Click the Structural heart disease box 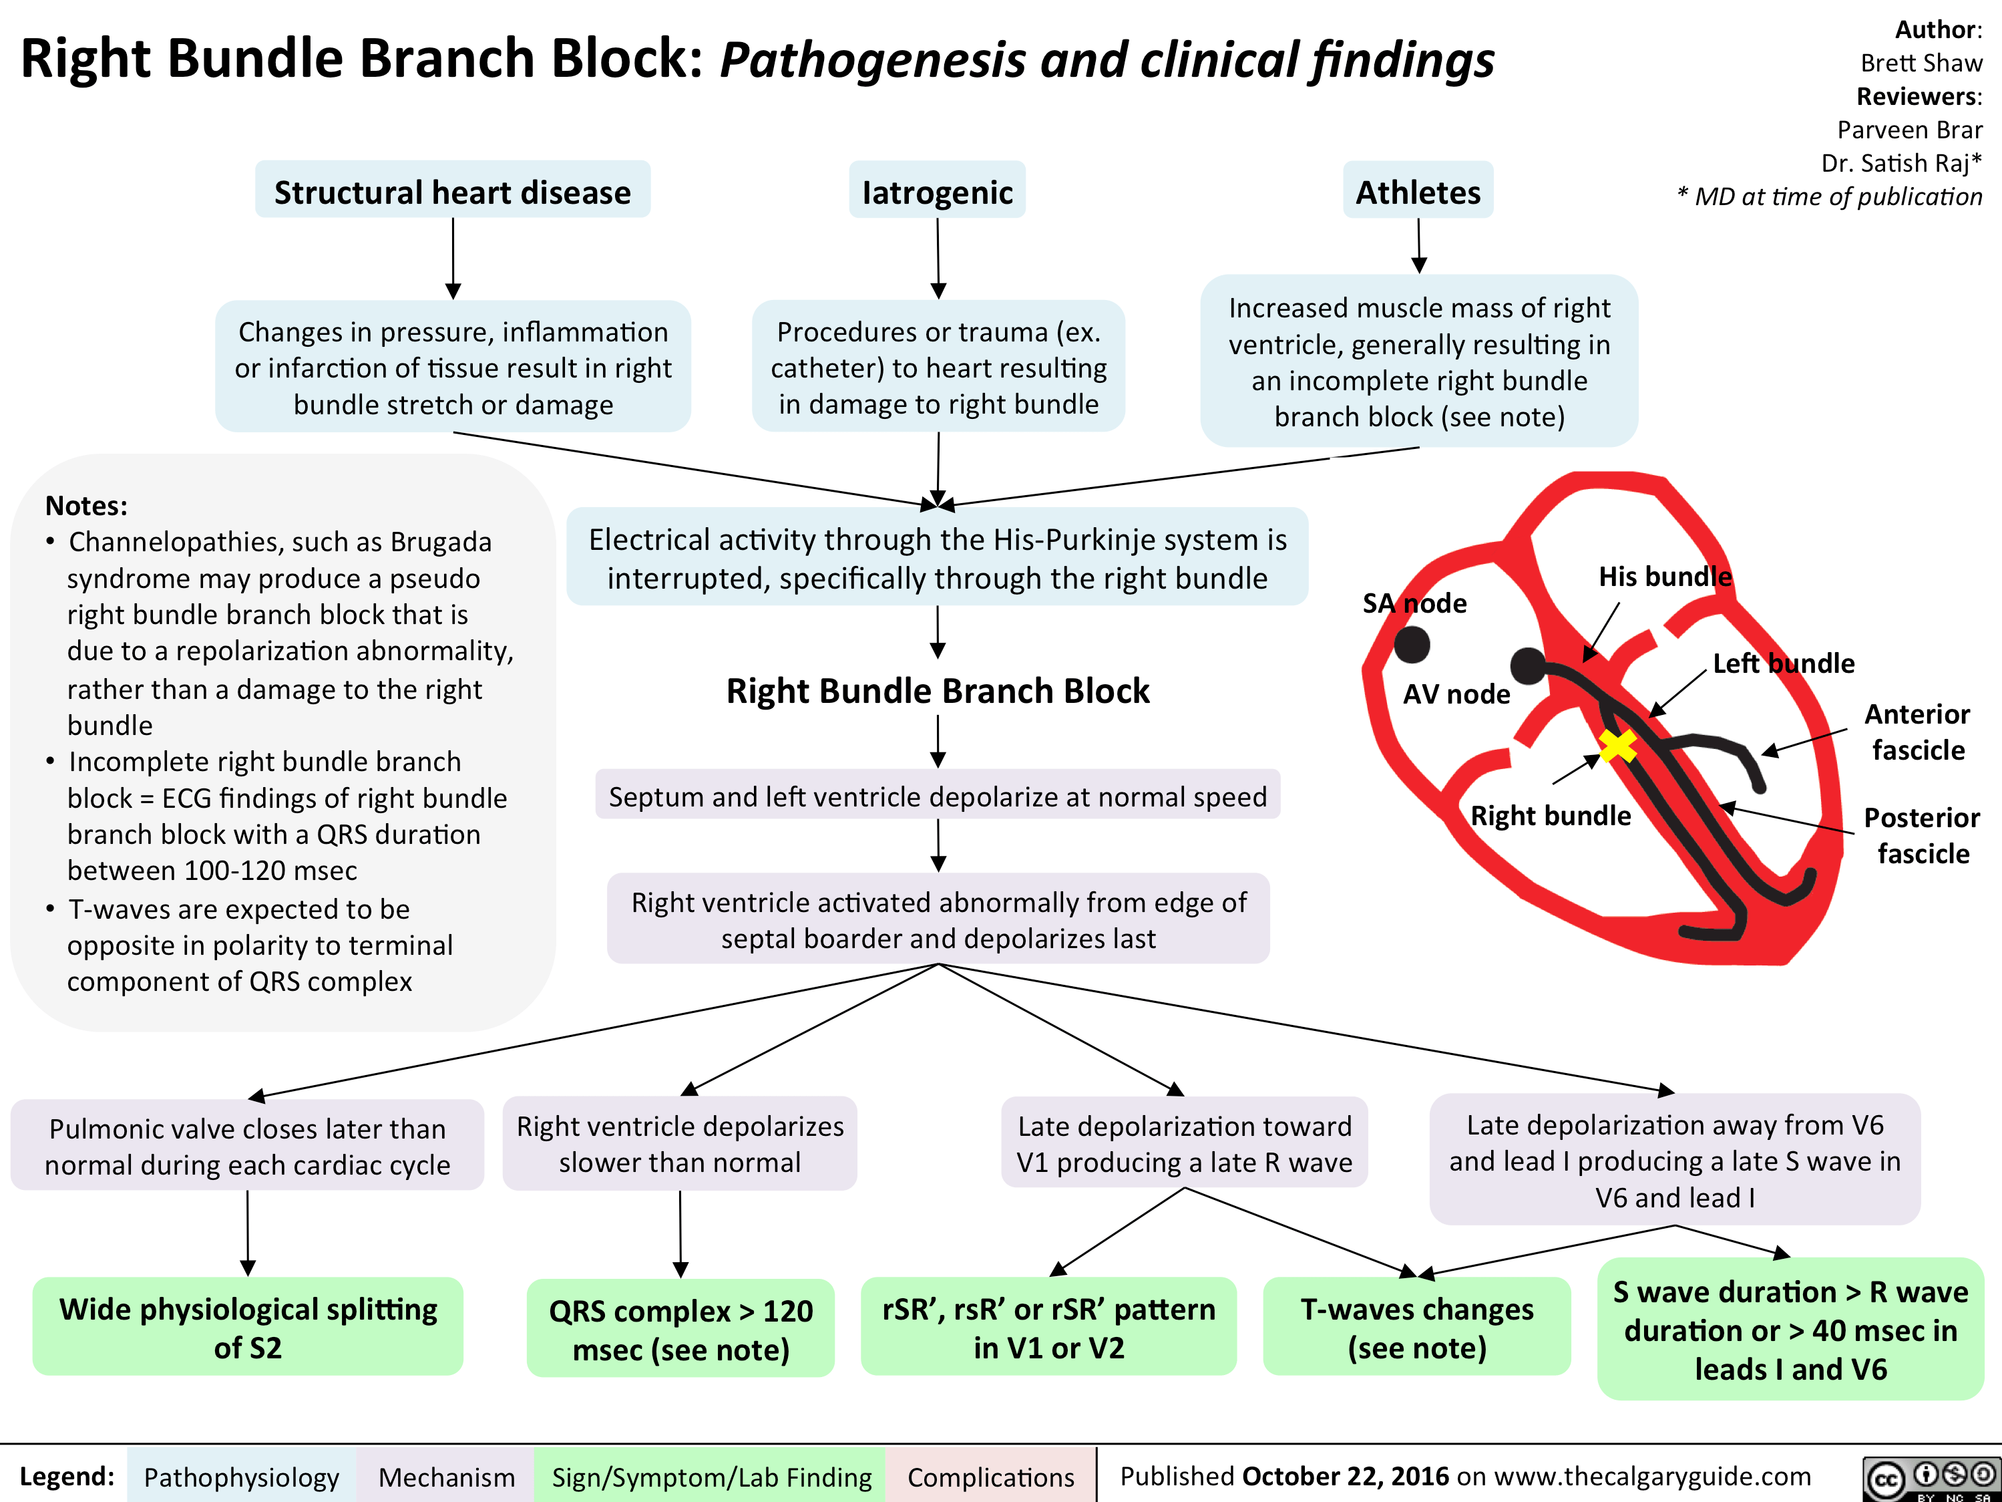(453, 191)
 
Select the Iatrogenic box (938, 191)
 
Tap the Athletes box (1418, 191)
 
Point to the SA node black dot (1412, 645)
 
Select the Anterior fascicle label (1918, 732)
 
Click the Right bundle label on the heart (1551, 816)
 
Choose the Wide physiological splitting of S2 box (248, 1327)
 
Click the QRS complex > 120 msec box (680, 1329)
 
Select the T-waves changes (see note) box (1416, 1327)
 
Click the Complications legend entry (991, 1477)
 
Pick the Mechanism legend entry (446, 1477)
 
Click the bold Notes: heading (87, 504)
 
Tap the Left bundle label (1783, 663)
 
